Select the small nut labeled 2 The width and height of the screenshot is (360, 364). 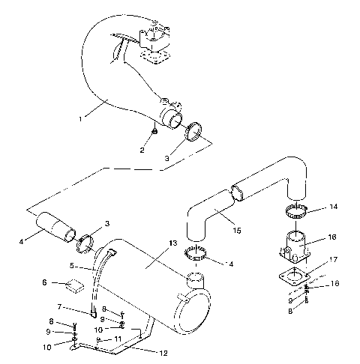click(154, 132)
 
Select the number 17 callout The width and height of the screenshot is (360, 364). click(333, 260)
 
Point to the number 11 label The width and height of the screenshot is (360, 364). click(118, 339)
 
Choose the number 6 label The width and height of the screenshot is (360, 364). click(44, 283)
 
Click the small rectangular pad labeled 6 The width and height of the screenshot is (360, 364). click(75, 285)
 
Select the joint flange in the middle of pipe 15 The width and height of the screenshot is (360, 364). click(238, 192)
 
